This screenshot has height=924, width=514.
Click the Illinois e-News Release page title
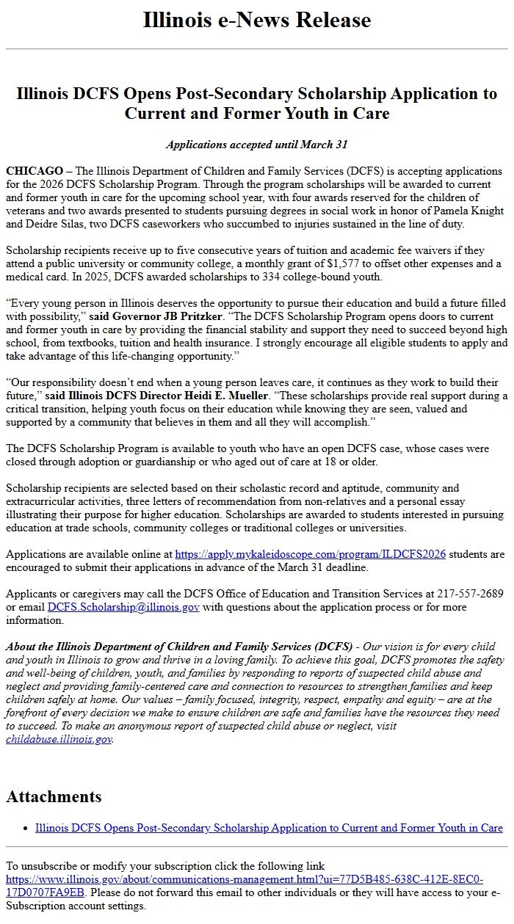pos(257,20)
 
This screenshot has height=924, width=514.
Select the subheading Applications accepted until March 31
pos(257,145)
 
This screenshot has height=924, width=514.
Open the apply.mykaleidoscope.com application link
pos(310,554)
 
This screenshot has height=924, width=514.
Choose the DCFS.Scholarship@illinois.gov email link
pos(123,607)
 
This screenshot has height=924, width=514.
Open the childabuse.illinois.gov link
pos(59,739)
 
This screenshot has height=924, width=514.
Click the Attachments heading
pos(54,797)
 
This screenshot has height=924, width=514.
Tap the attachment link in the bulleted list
pos(269,828)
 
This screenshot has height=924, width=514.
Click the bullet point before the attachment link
pos(26,829)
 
